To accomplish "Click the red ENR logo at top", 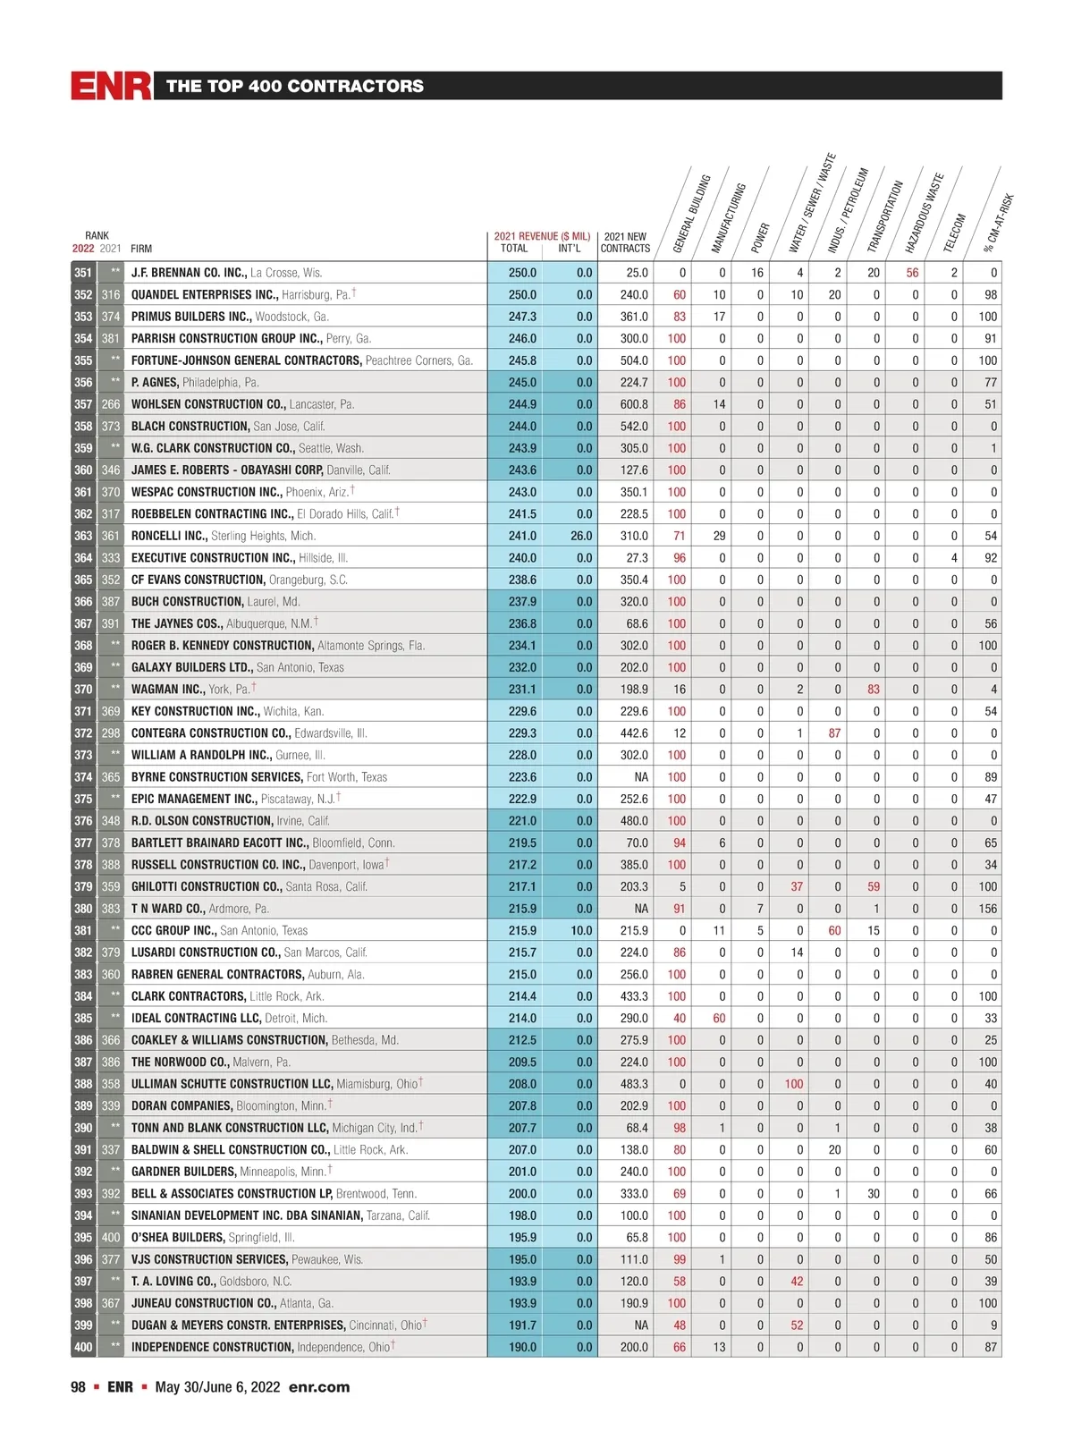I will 111,86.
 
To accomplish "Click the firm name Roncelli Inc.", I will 169,536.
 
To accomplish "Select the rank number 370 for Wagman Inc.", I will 83,690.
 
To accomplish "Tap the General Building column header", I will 691,215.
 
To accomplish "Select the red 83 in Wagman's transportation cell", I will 874,690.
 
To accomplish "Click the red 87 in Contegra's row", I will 834,733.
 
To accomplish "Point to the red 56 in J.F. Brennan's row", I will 912,273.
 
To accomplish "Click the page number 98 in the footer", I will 79,1387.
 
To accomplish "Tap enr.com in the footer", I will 319,1387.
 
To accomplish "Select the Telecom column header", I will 955,233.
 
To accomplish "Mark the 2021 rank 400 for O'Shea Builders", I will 110,1238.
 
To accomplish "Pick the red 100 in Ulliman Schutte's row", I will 794,1084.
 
